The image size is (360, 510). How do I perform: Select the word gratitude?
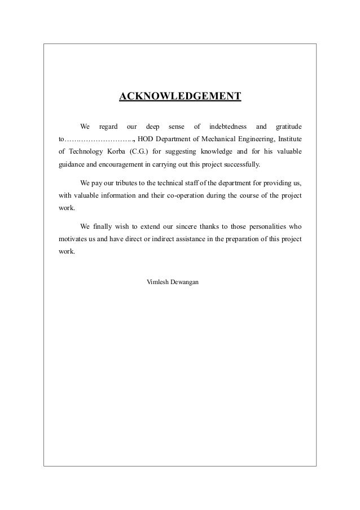[286, 125]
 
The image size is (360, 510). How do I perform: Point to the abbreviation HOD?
[145, 138]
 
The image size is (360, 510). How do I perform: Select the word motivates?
[74, 239]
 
